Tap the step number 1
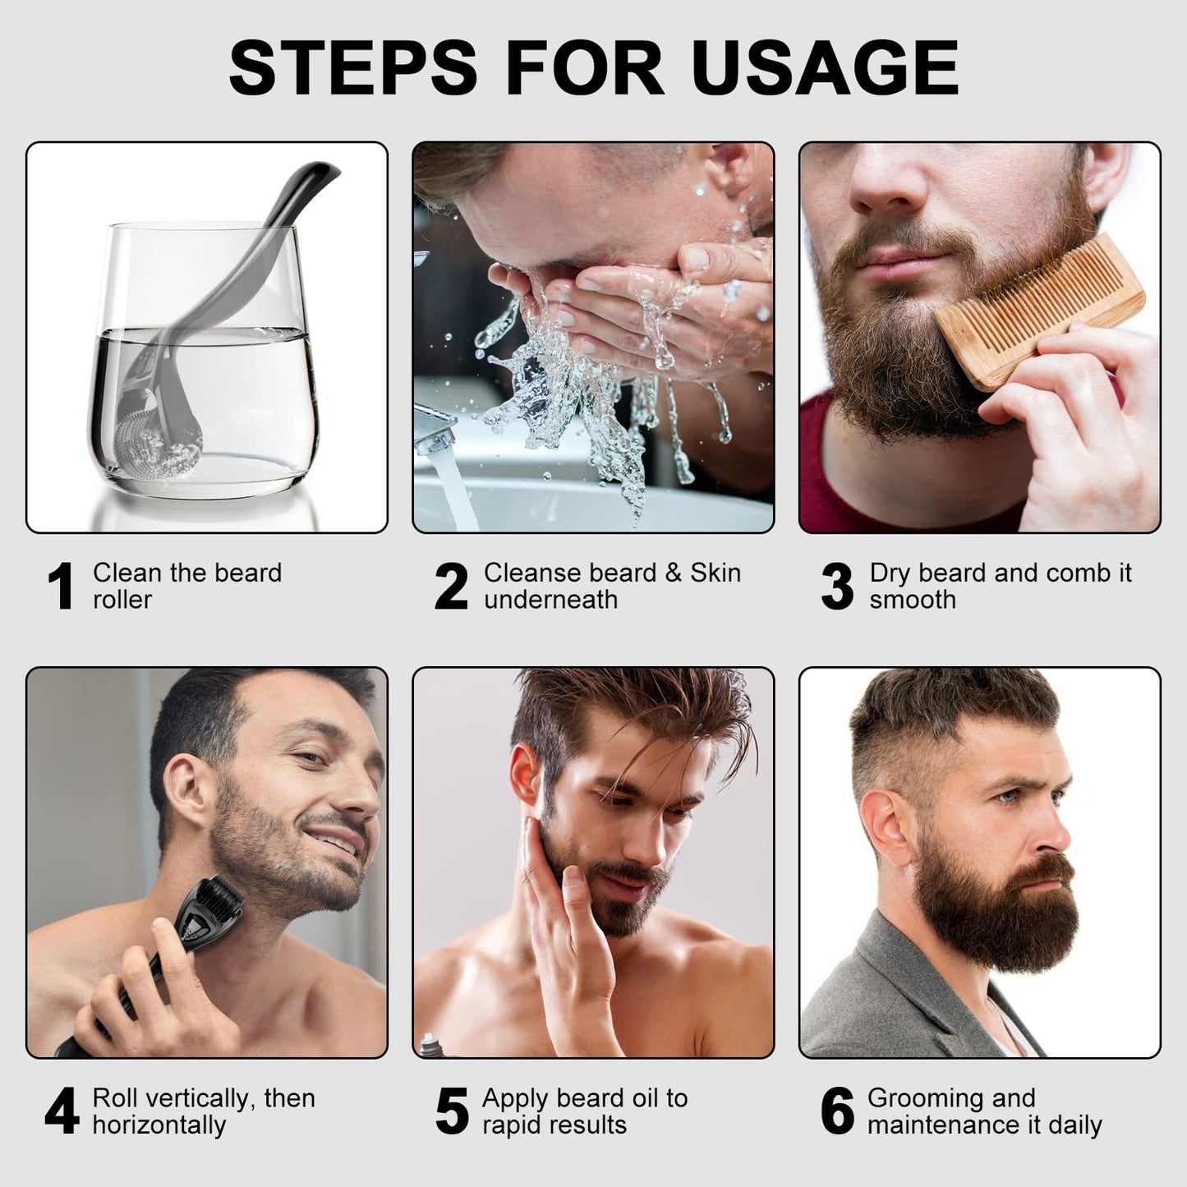click(x=61, y=587)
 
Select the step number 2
click(x=451, y=587)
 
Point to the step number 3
click(x=837, y=587)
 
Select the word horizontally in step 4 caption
click(x=159, y=1125)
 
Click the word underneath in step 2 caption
click(x=550, y=600)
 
